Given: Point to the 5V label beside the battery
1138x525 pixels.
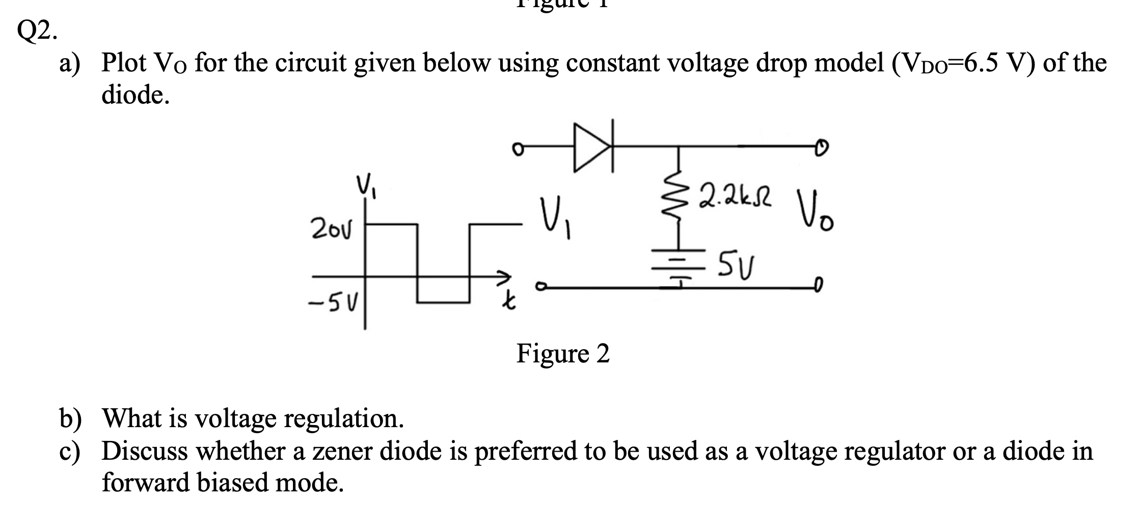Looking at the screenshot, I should click(737, 264).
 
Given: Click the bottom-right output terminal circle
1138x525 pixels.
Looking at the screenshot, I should click(818, 283).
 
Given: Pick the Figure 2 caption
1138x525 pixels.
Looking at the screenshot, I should click(563, 353).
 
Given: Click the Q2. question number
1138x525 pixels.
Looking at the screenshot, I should click(37, 32).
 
